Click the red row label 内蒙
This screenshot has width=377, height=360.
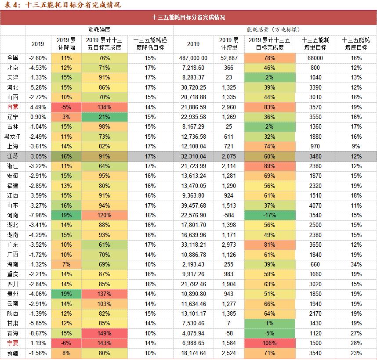13,107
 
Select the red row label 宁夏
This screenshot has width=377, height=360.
13,343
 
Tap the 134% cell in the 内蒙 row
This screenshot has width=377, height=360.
104,107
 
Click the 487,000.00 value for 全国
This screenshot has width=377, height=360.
193,58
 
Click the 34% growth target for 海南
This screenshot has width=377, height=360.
356,264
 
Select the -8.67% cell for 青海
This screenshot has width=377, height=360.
38,333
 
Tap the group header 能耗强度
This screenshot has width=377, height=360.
99,29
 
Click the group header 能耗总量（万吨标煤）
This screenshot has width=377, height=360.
273,29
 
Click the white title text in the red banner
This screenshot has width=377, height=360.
188,18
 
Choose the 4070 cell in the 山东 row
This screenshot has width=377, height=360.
316,205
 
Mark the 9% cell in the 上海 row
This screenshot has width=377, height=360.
356,146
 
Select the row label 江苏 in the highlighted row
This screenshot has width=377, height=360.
13,156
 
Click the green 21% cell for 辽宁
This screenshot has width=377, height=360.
104,117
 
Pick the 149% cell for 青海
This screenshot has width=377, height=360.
104,333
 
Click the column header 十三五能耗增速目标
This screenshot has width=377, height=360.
356,43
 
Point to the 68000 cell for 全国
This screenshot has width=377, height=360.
316,58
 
